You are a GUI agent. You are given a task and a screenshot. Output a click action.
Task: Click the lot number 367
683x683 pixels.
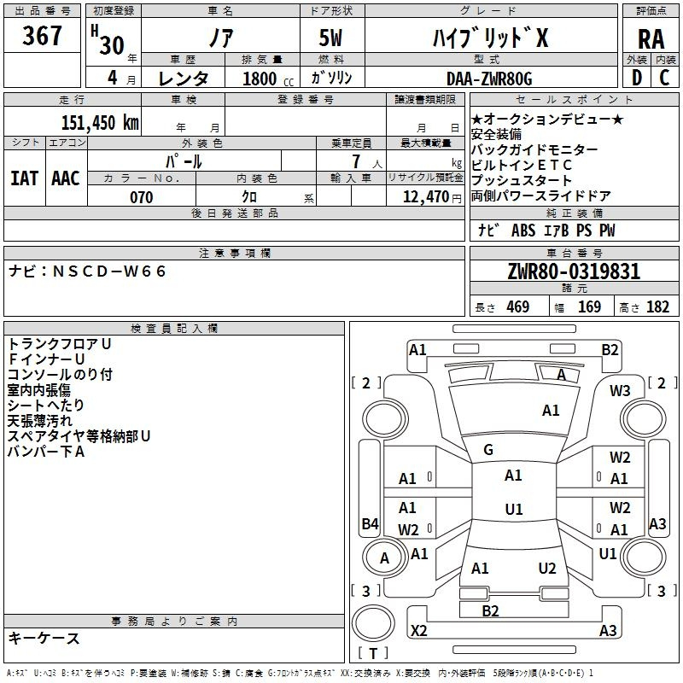pyautogui.click(x=42, y=35)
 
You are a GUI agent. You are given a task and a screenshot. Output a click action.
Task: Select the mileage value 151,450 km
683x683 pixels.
pyautogui.click(x=100, y=123)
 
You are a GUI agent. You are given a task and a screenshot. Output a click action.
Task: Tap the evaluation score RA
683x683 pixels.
pyautogui.click(x=651, y=39)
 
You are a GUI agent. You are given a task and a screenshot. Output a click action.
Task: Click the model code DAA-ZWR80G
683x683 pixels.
pyautogui.click(x=489, y=79)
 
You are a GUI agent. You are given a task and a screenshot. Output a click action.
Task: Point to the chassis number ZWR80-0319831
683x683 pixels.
pyautogui.click(x=574, y=271)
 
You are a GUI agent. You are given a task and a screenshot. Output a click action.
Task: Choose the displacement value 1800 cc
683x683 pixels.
pyautogui.click(x=268, y=79)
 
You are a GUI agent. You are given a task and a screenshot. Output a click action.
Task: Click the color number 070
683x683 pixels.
pyautogui.click(x=142, y=197)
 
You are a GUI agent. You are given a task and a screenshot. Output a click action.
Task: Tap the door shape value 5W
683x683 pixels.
pyautogui.click(x=330, y=38)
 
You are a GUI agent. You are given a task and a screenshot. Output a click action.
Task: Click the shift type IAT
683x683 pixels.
pyautogui.click(x=24, y=178)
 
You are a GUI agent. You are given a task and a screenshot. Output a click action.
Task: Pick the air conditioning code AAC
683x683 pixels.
pyautogui.click(x=66, y=178)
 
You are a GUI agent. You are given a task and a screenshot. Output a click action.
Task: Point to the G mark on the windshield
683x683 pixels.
pyautogui.click(x=488, y=450)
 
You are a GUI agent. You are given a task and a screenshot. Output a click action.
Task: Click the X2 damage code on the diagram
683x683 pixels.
pyautogui.click(x=418, y=630)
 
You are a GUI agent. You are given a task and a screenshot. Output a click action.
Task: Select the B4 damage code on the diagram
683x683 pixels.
pyautogui.click(x=370, y=523)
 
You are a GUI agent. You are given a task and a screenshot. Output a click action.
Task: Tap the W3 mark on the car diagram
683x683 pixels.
pyautogui.click(x=620, y=391)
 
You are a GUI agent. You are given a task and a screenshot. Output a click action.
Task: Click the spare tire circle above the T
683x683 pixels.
pyautogui.click(x=373, y=623)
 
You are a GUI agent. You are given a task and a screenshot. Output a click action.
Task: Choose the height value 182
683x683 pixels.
pyautogui.click(x=657, y=306)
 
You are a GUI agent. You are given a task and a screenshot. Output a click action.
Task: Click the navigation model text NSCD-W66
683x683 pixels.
pyautogui.click(x=109, y=271)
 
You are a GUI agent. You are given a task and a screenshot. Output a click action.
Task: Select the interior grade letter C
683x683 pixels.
pyautogui.click(x=665, y=78)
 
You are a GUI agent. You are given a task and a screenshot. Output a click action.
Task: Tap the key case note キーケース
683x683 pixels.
pyautogui.click(x=44, y=638)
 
